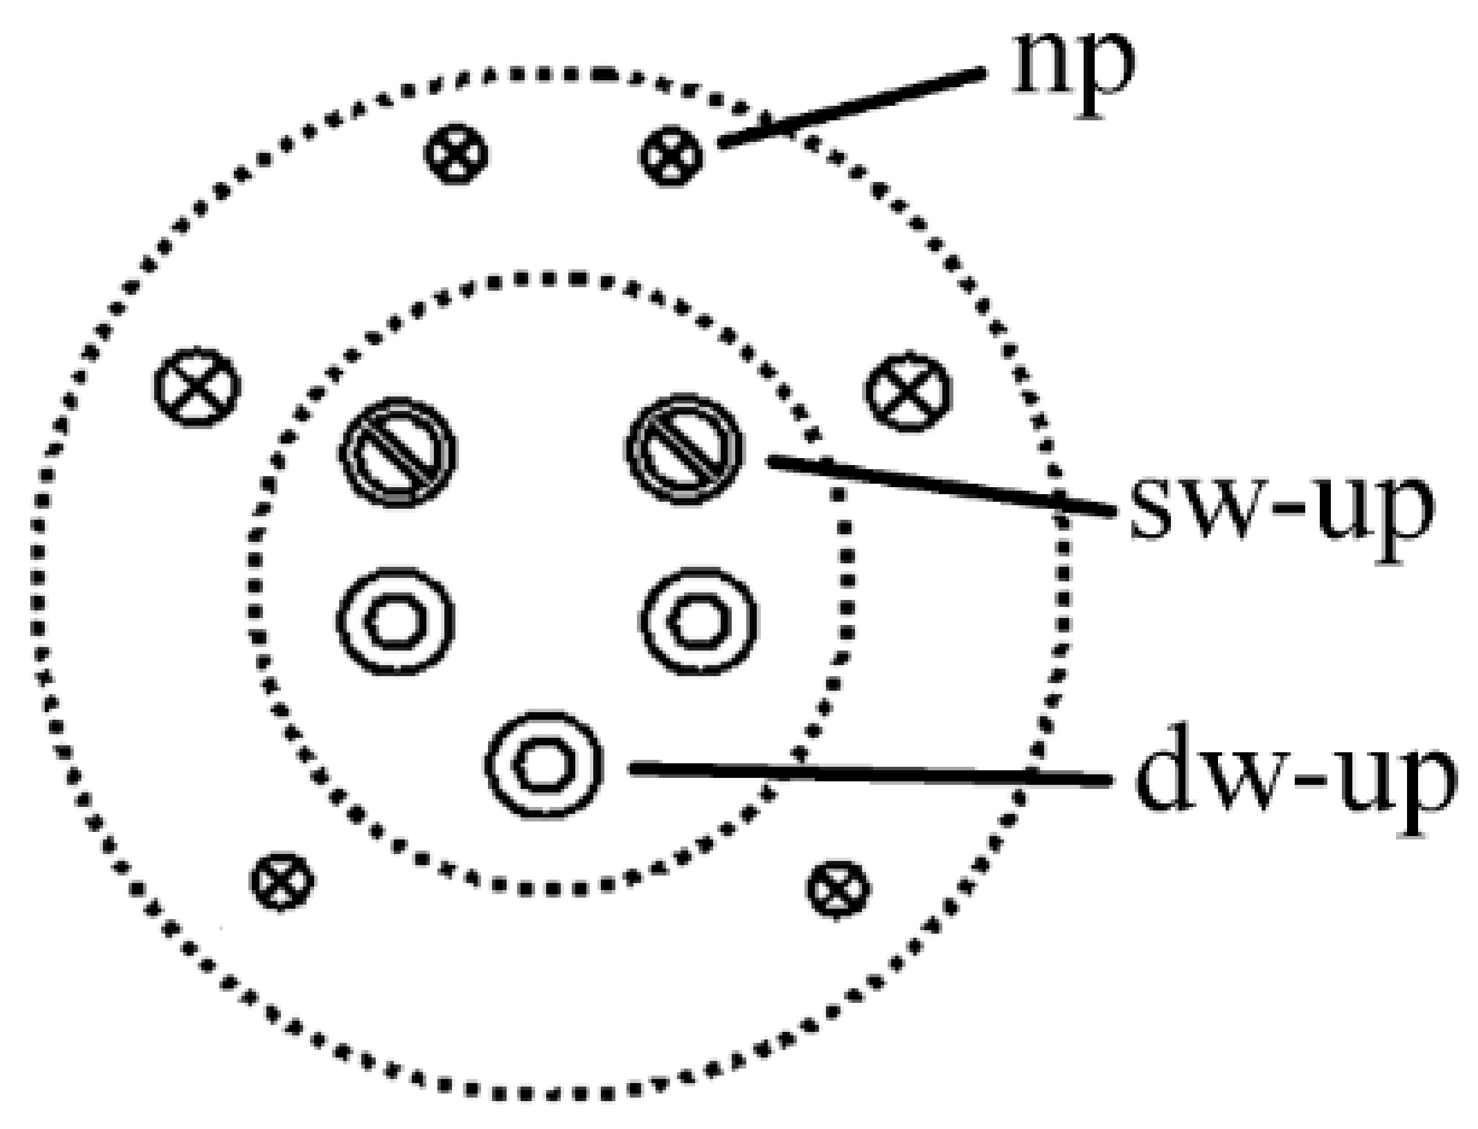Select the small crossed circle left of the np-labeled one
point(456,153)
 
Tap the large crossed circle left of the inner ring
point(197,387)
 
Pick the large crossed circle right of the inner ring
point(908,392)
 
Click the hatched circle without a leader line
point(397,451)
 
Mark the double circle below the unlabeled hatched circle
point(396,620)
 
